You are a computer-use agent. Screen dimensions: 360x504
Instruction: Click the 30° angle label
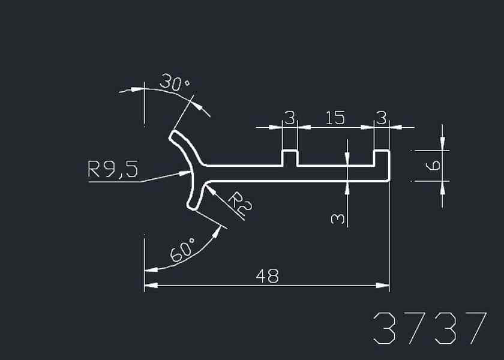coord(175,83)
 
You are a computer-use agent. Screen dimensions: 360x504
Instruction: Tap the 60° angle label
coord(183,250)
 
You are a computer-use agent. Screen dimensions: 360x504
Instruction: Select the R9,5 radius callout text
coord(113,170)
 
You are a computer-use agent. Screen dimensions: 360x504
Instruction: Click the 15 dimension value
coord(335,118)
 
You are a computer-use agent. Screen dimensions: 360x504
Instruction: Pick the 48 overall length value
coord(267,276)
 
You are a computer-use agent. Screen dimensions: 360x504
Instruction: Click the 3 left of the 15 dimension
coord(290,118)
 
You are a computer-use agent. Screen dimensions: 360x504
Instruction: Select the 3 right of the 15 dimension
coord(381,118)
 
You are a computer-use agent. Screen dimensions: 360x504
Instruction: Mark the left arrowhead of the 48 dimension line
coord(150,286)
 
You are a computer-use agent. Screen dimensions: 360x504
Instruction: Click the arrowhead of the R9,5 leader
coord(185,173)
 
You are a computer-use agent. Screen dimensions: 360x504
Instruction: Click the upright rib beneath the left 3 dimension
coord(290,157)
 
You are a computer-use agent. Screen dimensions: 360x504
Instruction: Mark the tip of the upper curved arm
coord(174,136)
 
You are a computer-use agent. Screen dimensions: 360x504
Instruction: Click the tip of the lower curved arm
coord(193,206)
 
